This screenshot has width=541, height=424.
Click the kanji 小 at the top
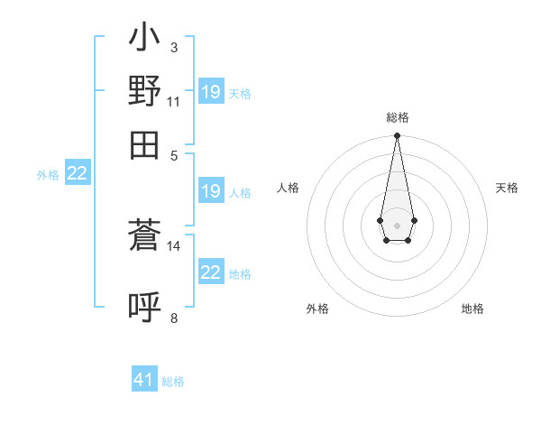pos(144,40)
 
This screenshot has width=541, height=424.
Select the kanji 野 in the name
pos(144,90)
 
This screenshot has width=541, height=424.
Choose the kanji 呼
pos(144,306)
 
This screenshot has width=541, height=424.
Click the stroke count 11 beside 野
pos(174,102)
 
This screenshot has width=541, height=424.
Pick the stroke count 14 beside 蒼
pos(174,245)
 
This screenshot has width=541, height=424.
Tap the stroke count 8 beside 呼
pos(174,318)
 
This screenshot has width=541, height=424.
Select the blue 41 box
pos(144,380)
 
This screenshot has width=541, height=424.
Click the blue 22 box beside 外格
pos(78,173)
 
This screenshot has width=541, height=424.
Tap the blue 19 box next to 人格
pos(211,191)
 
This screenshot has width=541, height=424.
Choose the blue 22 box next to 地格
pos(211,272)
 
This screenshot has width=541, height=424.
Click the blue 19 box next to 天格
pos(211,91)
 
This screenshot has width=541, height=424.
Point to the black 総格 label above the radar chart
pos(397,118)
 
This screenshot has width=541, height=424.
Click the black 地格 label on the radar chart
pos(472,309)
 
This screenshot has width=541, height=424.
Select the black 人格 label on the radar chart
pos(289,188)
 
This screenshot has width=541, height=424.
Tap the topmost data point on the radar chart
pos(397,136)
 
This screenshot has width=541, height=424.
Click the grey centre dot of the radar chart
pos(397,224)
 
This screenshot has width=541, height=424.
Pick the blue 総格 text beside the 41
pos(173,382)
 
